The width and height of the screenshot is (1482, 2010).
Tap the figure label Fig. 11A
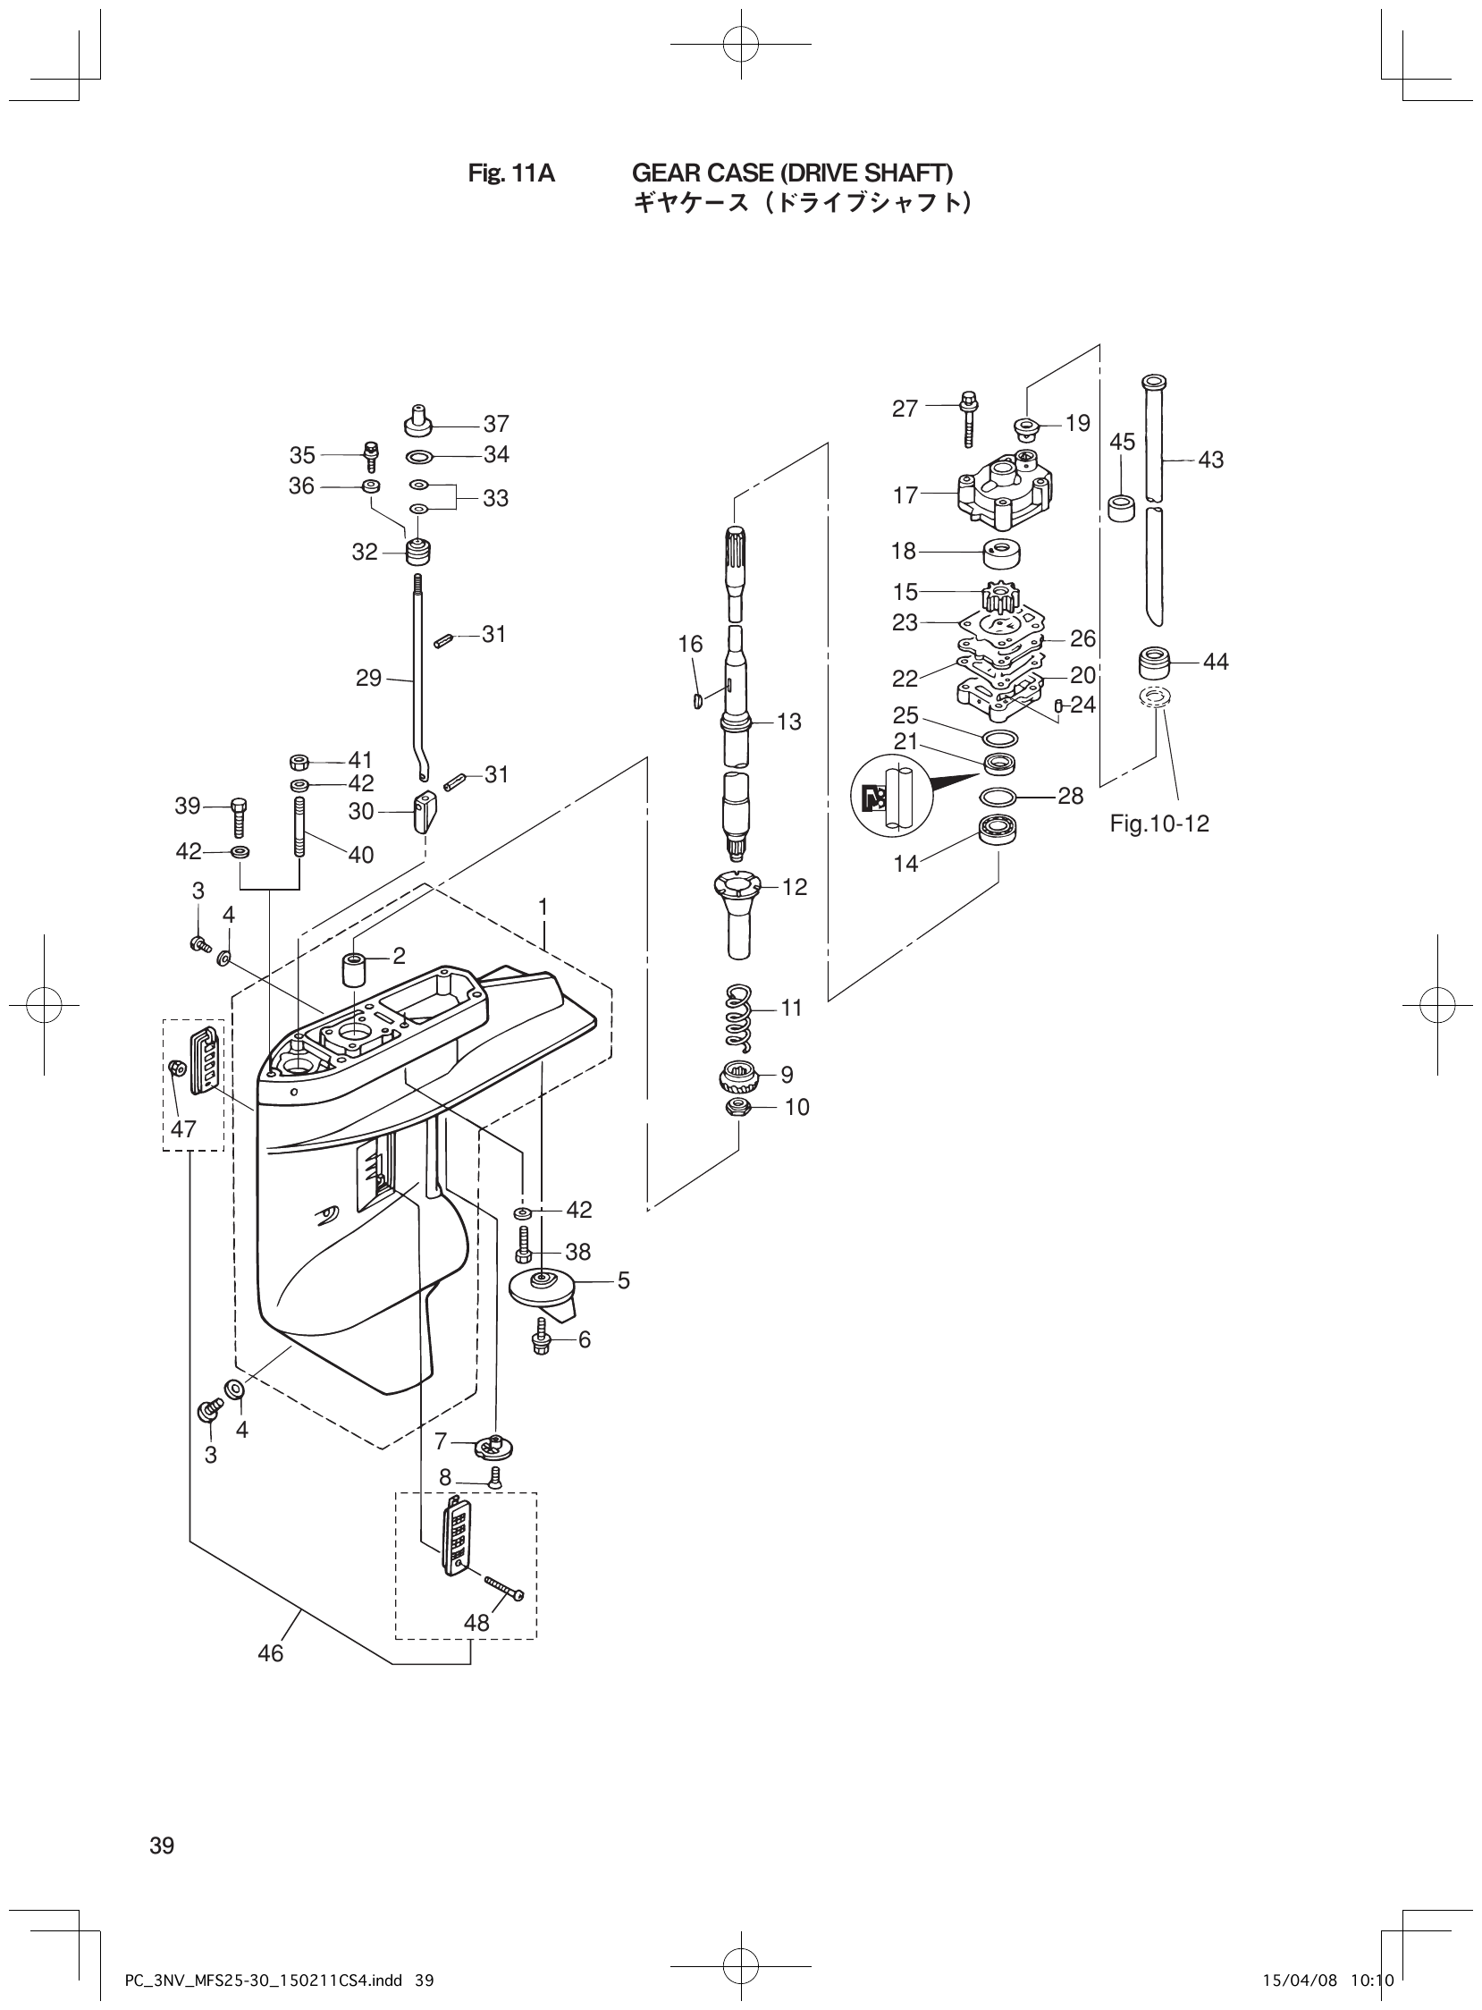(x=511, y=173)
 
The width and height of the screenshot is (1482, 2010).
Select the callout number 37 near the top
(x=496, y=424)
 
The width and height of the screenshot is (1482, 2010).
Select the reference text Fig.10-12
(x=1159, y=823)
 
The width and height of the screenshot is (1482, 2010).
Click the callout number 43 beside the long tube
(x=1210, y=460)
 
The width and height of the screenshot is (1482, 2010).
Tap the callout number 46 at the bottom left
(x=270, y=1653)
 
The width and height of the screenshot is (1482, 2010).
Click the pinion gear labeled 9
(x=739, y=1074)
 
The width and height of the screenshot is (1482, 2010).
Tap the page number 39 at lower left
(x=163, y=1845)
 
